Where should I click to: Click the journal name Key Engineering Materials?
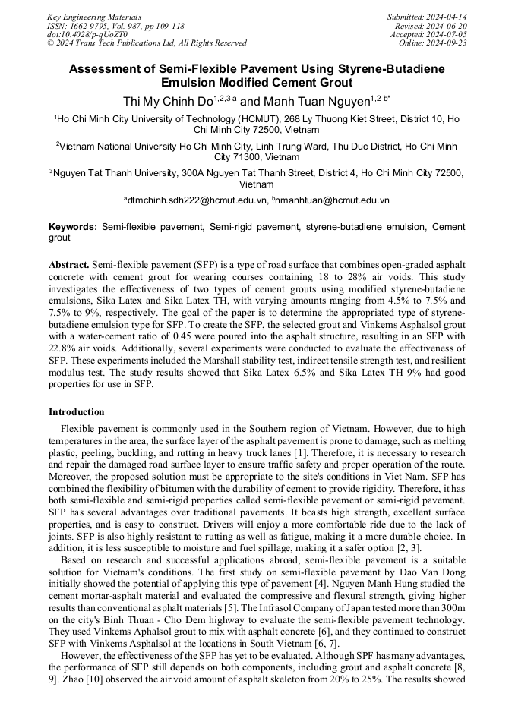coord(94,17)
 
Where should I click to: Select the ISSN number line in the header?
coord(115,26)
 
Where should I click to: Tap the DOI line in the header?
coord(87,34)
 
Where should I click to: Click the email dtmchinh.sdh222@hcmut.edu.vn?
coord(197,200)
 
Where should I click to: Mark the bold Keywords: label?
coord(73,227)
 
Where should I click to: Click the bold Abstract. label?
coord(68,265)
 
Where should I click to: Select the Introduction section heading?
coord(76,412)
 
